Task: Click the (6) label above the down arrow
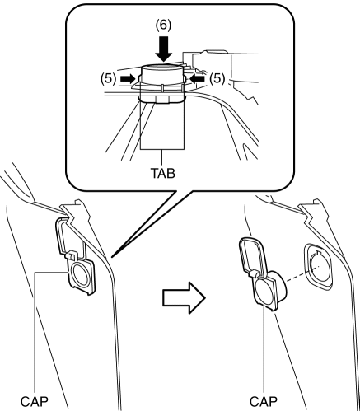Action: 163,26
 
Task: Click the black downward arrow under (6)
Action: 163,49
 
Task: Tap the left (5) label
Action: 108,78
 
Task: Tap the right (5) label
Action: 217,78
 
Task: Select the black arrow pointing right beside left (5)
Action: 128,79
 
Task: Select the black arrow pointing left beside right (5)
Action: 197,79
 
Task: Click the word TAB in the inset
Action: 162,173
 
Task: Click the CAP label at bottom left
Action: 35,402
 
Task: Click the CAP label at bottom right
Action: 264,402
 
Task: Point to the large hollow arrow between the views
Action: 185,297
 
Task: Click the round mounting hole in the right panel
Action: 318,265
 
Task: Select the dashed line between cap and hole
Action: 302,273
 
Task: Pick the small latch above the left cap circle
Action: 72,255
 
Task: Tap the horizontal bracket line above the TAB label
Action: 162,149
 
